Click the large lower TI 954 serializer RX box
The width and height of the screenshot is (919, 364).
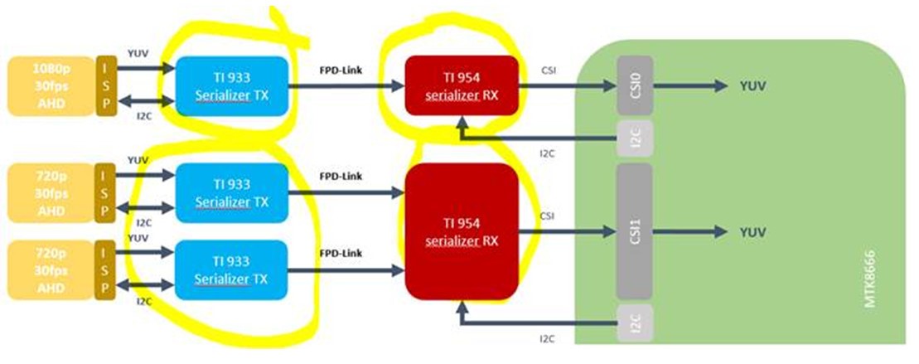coord(461,230)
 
